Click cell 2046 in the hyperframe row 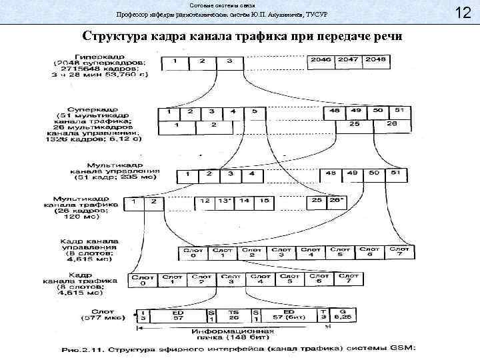321,61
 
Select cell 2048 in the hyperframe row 378,61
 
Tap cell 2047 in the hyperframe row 350,61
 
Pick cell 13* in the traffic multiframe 225,200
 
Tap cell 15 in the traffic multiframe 265,200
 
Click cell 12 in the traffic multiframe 205,200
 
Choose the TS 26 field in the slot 233,315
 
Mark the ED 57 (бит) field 288,315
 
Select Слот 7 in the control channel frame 399,253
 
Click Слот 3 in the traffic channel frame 231,280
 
